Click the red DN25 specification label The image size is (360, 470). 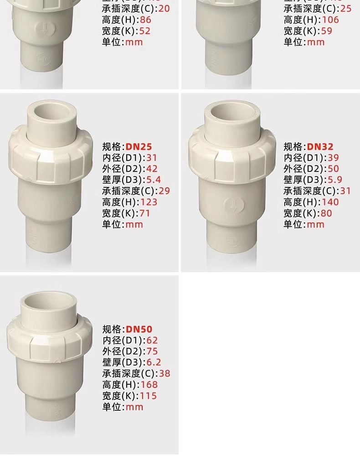[139, 147]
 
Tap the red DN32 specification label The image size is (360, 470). [320, 147]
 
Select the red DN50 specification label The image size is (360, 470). [139, 329]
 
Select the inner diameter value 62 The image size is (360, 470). [151, 340]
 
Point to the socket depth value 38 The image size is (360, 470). [164, 373]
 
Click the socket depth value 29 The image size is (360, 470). [164, 191]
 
